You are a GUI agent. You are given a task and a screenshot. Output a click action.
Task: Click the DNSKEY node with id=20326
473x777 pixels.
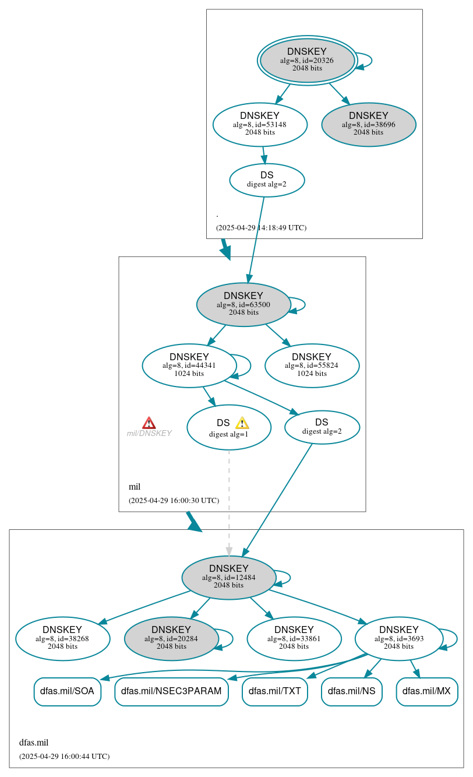(307, 60)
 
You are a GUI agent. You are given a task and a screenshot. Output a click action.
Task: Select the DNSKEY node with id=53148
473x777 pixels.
(260, 124)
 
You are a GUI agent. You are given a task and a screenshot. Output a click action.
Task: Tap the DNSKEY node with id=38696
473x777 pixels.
(368, 124)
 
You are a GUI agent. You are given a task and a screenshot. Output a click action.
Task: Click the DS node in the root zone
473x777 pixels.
(267, 180)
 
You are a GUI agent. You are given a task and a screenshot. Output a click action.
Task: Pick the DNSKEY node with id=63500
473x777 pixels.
(243, 304)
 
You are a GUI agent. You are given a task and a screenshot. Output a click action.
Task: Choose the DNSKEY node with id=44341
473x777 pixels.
(189, 365)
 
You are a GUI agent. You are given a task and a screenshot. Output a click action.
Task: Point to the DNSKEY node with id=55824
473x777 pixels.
(312, 365)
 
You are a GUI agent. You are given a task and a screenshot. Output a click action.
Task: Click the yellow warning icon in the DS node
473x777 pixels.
(242, 423)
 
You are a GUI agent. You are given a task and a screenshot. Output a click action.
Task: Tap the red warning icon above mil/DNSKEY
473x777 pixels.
(149, 423)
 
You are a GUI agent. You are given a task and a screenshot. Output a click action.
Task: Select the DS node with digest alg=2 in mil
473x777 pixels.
(322, 427)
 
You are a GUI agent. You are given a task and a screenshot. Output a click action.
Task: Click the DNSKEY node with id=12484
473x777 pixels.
(229, 577)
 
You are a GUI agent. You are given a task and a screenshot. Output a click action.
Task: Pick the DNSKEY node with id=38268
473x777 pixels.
(62, 638)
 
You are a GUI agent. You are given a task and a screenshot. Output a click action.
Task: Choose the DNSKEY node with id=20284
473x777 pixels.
(171, 638)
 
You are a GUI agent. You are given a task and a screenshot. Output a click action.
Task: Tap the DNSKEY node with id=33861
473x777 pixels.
(294, 638)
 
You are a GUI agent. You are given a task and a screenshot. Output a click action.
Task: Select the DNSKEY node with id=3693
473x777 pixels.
(398, 638)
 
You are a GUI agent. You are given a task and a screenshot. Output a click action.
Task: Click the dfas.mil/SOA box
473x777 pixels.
(68, 691)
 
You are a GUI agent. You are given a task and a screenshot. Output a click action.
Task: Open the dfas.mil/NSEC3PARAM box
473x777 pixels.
(171, 691)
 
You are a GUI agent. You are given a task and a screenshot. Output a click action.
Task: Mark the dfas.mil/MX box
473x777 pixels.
(426, 691)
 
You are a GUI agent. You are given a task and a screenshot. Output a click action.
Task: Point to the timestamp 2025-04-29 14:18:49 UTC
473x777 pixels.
(261, 228)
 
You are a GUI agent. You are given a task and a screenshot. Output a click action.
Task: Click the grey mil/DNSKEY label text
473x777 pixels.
(149, 434)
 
